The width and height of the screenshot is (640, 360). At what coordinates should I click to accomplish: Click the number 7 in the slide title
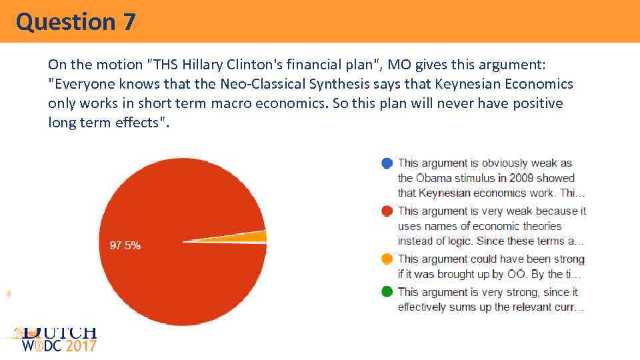click(x=129, y=22)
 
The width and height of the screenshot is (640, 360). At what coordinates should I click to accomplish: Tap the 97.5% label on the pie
click(x=125, y=245)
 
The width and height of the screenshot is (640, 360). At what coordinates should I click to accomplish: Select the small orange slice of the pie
click(x=259, y=237)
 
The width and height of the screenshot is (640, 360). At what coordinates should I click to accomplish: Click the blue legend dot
click(x=387, y=163)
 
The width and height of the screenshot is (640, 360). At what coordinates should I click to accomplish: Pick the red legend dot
click(x=387, y=211)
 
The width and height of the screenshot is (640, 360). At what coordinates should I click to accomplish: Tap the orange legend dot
click(x=387, y=259)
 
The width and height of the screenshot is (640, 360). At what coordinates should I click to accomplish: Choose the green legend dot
click(x=387, y=292)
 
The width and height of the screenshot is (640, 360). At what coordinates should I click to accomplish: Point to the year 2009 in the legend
click(x=523, y=178)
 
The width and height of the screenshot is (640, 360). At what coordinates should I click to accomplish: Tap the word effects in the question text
click(x=137, y=123)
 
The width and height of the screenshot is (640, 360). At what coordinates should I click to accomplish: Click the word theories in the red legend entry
click(x=541, y=226)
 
